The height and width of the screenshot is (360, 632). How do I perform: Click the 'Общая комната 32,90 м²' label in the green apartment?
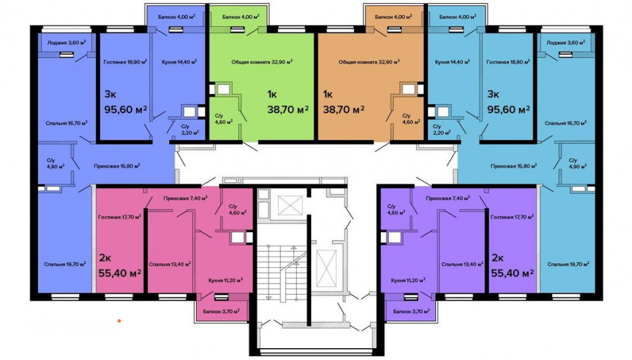262,62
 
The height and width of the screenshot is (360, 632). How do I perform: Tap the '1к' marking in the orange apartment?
328,94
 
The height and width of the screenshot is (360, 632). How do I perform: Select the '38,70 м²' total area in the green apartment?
288,109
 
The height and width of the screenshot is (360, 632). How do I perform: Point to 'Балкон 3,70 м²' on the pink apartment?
221,311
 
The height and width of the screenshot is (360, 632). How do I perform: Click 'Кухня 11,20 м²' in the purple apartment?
408,280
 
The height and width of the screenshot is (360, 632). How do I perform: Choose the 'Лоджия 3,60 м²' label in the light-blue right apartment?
566,42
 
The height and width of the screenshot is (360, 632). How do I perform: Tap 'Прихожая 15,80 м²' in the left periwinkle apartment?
117,166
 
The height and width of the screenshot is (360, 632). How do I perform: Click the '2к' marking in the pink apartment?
105,257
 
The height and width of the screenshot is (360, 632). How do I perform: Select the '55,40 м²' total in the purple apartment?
513,273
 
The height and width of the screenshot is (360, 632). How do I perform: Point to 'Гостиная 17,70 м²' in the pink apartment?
119,217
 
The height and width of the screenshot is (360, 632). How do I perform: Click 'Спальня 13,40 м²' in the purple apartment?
462,265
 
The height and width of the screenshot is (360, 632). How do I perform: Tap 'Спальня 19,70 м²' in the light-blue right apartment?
568,265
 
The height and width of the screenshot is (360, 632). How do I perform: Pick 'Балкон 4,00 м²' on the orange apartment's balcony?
393,17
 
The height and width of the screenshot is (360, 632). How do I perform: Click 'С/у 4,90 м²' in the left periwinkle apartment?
55,163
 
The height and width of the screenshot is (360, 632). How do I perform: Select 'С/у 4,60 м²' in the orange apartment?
411,118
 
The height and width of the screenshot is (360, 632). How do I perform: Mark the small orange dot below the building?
119,321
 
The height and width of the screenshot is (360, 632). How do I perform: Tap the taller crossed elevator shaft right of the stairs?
326,268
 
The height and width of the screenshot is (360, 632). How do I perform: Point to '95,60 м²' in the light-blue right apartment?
508,109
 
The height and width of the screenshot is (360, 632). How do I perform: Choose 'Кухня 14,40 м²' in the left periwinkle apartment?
180,62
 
